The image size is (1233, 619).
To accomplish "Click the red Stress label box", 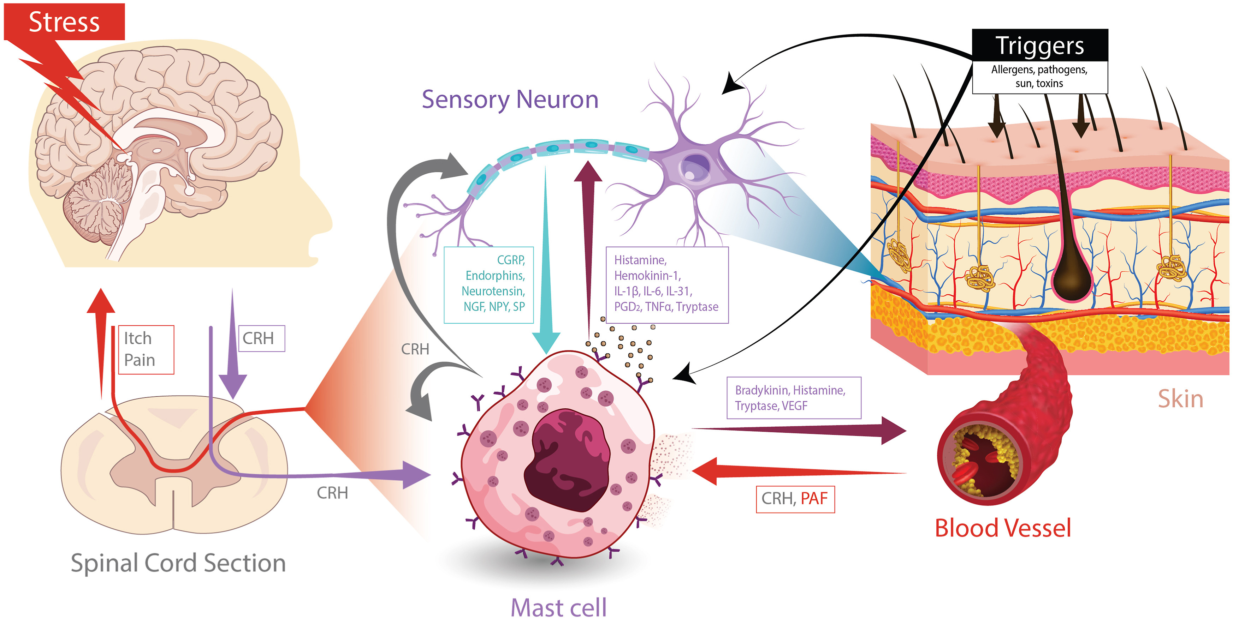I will [x=64, y=22].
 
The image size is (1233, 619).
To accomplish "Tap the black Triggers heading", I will [x=1039, y=46].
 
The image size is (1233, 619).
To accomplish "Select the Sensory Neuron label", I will [x=510, y=100].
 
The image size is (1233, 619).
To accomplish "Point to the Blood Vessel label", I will [x=1002, y=528].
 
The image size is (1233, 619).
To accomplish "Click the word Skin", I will [x=1180, y=398].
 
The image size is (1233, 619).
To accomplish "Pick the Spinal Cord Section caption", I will [x=178, y=563].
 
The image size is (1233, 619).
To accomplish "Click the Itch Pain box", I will [x=146, y=349].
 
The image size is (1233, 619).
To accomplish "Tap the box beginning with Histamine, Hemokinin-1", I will [x=667, y=285].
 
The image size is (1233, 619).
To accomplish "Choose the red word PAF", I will [x=814, y=498].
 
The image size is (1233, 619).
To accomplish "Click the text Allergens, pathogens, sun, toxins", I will [x=1039, y=77].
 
